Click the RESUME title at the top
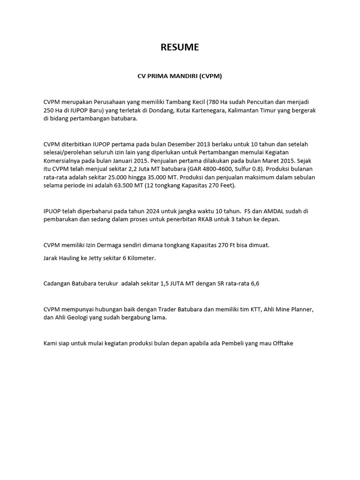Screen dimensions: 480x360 180,47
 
